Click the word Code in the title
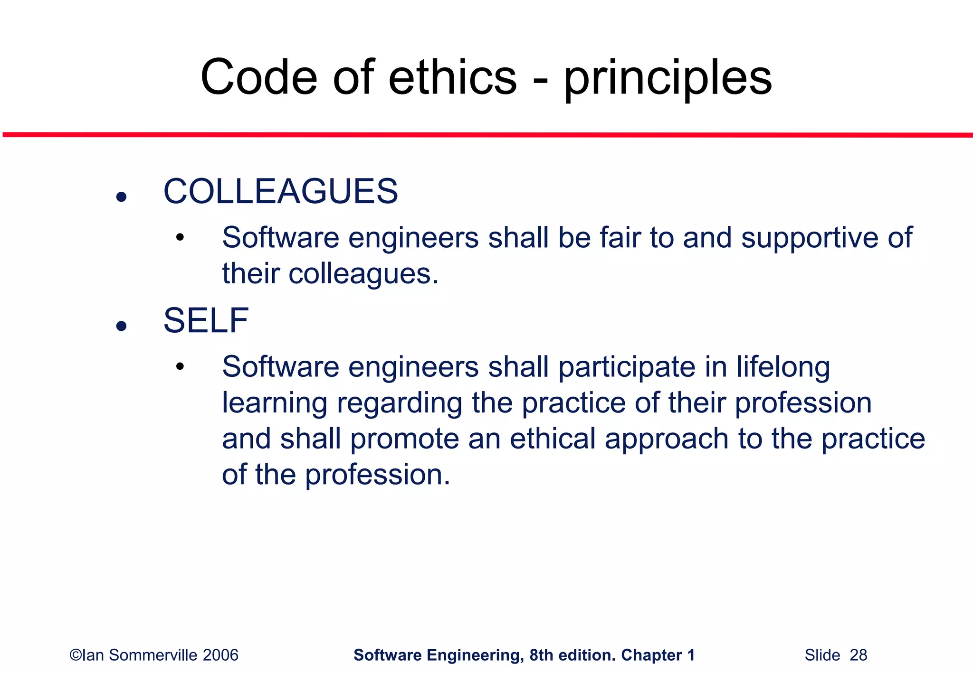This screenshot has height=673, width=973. point(258,77)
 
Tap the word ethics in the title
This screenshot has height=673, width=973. point(452,77)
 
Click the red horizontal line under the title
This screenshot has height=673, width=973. point(486,135)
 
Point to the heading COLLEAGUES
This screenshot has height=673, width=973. point(280,191)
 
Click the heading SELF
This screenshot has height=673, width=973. point(206,321)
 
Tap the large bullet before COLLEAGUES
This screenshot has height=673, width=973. point(122,196)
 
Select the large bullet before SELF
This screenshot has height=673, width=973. point(122,326)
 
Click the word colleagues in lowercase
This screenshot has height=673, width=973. point(363,274)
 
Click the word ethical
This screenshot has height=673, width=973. point(553,439)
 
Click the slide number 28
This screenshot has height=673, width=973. point(858,655)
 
